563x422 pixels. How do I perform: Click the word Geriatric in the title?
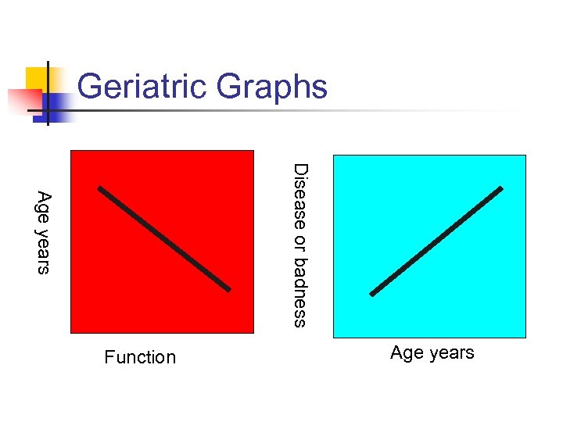[144, 86]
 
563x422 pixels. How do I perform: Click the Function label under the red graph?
[140, 358]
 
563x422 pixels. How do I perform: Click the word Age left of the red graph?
[44, 206]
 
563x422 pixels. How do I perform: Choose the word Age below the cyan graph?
[407, 353]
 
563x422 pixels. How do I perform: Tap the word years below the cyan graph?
[450, 353]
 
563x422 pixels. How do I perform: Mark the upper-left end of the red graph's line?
[99, 188]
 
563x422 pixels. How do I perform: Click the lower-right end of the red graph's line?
[229, 289]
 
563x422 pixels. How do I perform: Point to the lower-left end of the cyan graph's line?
[371, 294]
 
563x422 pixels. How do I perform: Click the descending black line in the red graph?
[164, 238]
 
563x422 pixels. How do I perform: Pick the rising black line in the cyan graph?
[436, 241]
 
